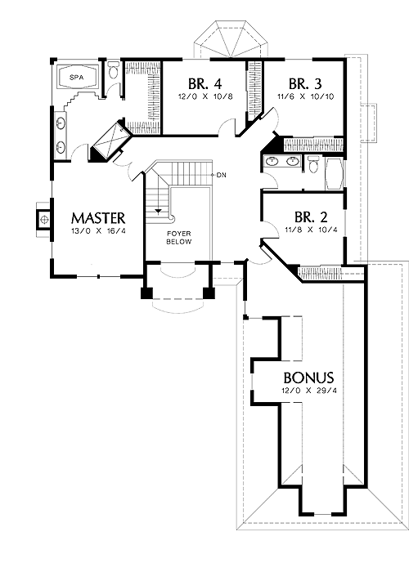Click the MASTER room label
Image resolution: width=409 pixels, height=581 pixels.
pos(98,218)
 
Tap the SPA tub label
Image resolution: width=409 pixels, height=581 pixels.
pos(76,78)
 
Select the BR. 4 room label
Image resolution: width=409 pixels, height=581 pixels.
pos(204,83)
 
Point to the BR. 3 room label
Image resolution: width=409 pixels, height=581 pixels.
pos(305,84)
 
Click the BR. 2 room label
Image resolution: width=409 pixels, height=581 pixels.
pos(311,217)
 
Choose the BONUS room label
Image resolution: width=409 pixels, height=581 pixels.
pos(308,378)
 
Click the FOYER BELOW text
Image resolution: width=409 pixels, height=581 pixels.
pos(178,238)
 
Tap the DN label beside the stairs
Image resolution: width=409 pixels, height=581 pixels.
pos(222,175)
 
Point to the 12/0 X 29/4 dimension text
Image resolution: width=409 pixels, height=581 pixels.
pos(309,391)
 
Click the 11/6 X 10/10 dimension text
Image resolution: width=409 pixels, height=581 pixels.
pos(306,96)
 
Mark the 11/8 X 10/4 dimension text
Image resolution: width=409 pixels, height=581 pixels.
pos(312,230)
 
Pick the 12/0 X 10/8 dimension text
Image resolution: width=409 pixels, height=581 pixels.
pos(205,96)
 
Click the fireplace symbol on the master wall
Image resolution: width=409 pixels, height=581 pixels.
pos(43,219)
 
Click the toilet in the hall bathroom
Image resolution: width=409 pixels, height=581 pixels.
pos(313,164)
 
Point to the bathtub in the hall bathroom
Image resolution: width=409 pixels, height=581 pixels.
pos(335,174)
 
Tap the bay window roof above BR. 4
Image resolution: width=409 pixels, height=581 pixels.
pos(231,40)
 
